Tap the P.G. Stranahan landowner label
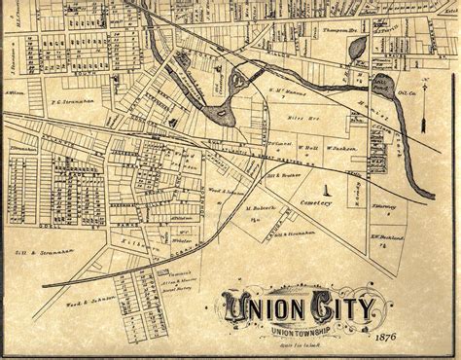(72, 99)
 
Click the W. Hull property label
(307, 148)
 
